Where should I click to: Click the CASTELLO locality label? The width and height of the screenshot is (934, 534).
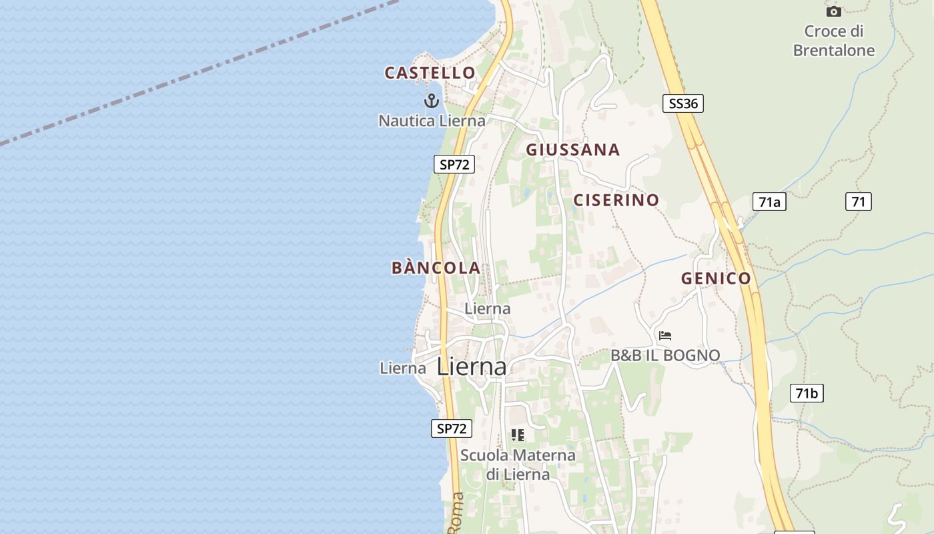[x=430, y=73]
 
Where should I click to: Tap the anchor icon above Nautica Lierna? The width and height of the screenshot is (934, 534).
[x=432, y=101]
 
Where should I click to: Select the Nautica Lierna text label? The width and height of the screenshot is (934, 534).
[x=432, y=121]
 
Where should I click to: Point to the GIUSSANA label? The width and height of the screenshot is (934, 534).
[x=573, y=150]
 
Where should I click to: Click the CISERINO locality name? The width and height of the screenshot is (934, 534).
[x=616, y=200]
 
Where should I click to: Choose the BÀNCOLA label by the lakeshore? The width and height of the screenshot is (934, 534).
[x=436, y=268]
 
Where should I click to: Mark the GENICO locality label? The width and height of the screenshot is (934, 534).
[x=716, y=278]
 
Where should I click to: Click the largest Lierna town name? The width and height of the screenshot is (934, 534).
[x=472, y=366]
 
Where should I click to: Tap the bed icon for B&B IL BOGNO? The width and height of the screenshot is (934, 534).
[x=664, y=336]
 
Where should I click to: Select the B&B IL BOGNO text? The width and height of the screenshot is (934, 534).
[x=665, y=355]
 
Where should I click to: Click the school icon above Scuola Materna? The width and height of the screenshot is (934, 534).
[x=517, y=435]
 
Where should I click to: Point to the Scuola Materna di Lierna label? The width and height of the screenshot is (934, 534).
[x=518, y=465]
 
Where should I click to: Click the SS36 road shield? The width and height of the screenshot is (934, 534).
[x=683, y=103]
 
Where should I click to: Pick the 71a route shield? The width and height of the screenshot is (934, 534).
[x=769, y=202]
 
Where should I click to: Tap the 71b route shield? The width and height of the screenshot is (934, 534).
[x=807, y=393]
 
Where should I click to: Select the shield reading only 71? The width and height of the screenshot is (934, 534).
[x=859, y=201]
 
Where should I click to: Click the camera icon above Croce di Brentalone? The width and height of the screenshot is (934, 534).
[x=833, y=11]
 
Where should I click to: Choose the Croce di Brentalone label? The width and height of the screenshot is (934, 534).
[x=834, y=41]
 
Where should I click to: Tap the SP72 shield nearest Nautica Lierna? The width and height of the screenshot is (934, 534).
[x=454, y=164]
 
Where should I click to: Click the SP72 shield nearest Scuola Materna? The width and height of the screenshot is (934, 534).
[x=452, y=429]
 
